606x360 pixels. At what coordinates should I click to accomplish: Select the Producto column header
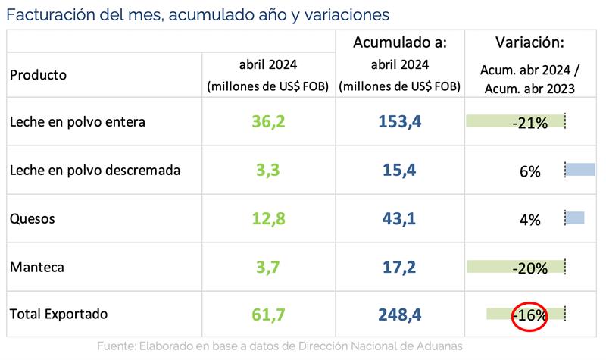[39, 75]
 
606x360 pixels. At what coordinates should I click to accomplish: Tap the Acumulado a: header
[400, 43]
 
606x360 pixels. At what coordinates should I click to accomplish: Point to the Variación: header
[529, 43]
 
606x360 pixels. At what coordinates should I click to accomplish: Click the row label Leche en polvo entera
[77, 121]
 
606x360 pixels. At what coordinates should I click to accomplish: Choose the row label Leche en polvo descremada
[94, 171]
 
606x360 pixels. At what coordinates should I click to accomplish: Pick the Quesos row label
[31, 219]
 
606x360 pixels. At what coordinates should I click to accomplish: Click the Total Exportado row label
[59, 314]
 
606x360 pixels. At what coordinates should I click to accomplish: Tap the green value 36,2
[268, 122]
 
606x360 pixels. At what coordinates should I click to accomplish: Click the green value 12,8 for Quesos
[268, 220]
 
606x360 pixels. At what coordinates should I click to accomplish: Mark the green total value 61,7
[268, 315]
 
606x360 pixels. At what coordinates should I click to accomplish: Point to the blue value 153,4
[400, 122]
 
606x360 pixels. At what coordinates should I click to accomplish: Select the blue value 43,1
[400, 220]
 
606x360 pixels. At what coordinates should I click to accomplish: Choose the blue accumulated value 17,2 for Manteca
[400, 268]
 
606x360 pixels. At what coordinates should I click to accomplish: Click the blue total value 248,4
[400, 315]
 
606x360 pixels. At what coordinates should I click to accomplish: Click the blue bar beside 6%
[581, 170]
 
